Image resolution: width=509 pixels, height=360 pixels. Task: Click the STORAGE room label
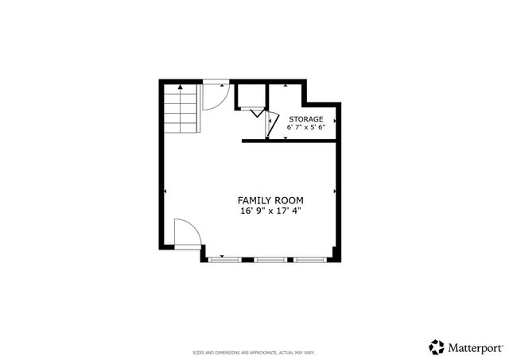click(x=305, y=118)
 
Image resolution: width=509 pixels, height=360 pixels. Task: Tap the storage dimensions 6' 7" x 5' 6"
click(x=305, y=126)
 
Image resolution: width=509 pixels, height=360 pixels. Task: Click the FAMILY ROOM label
click(x=270, y=200)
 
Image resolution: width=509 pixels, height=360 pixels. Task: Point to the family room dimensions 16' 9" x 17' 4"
click(x=270, y=211)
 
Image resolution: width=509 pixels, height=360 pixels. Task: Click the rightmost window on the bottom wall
click(x=310, y=259)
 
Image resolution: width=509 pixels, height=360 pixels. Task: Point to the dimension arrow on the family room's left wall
click(x=165, y=192)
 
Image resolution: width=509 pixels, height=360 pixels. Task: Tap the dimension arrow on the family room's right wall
click(x=336, y=192)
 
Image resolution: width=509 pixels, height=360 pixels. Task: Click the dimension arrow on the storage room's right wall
click(x=336, y=121)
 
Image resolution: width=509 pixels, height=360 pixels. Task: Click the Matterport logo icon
click(x=437, y=346)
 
